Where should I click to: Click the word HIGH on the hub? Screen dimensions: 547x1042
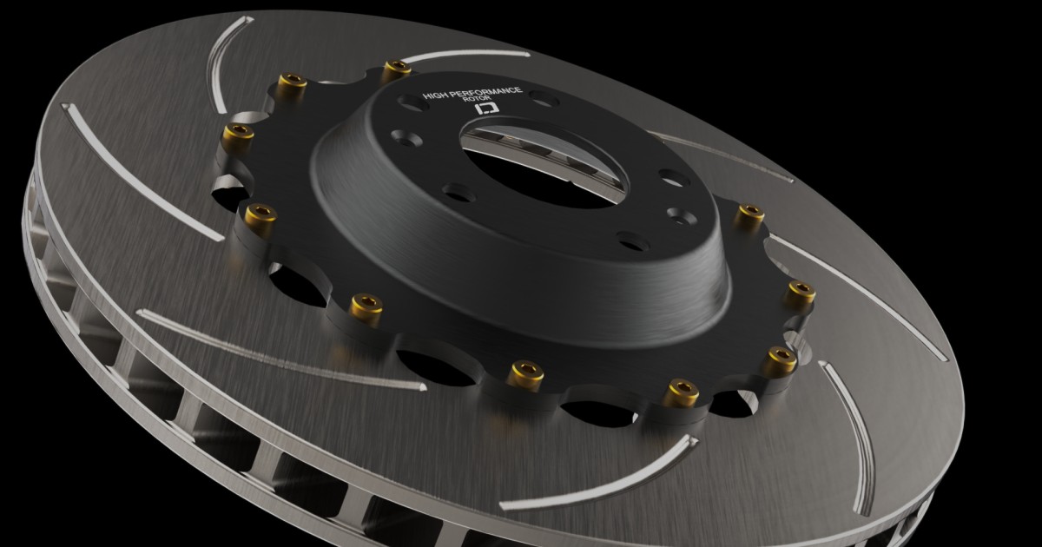[x=434, y=95]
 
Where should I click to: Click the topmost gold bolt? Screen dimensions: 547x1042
[x=396, y=68]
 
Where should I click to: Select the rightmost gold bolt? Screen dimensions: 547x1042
[x=799, y=292]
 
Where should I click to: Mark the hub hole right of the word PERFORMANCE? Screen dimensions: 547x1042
[x=543, y=98]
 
